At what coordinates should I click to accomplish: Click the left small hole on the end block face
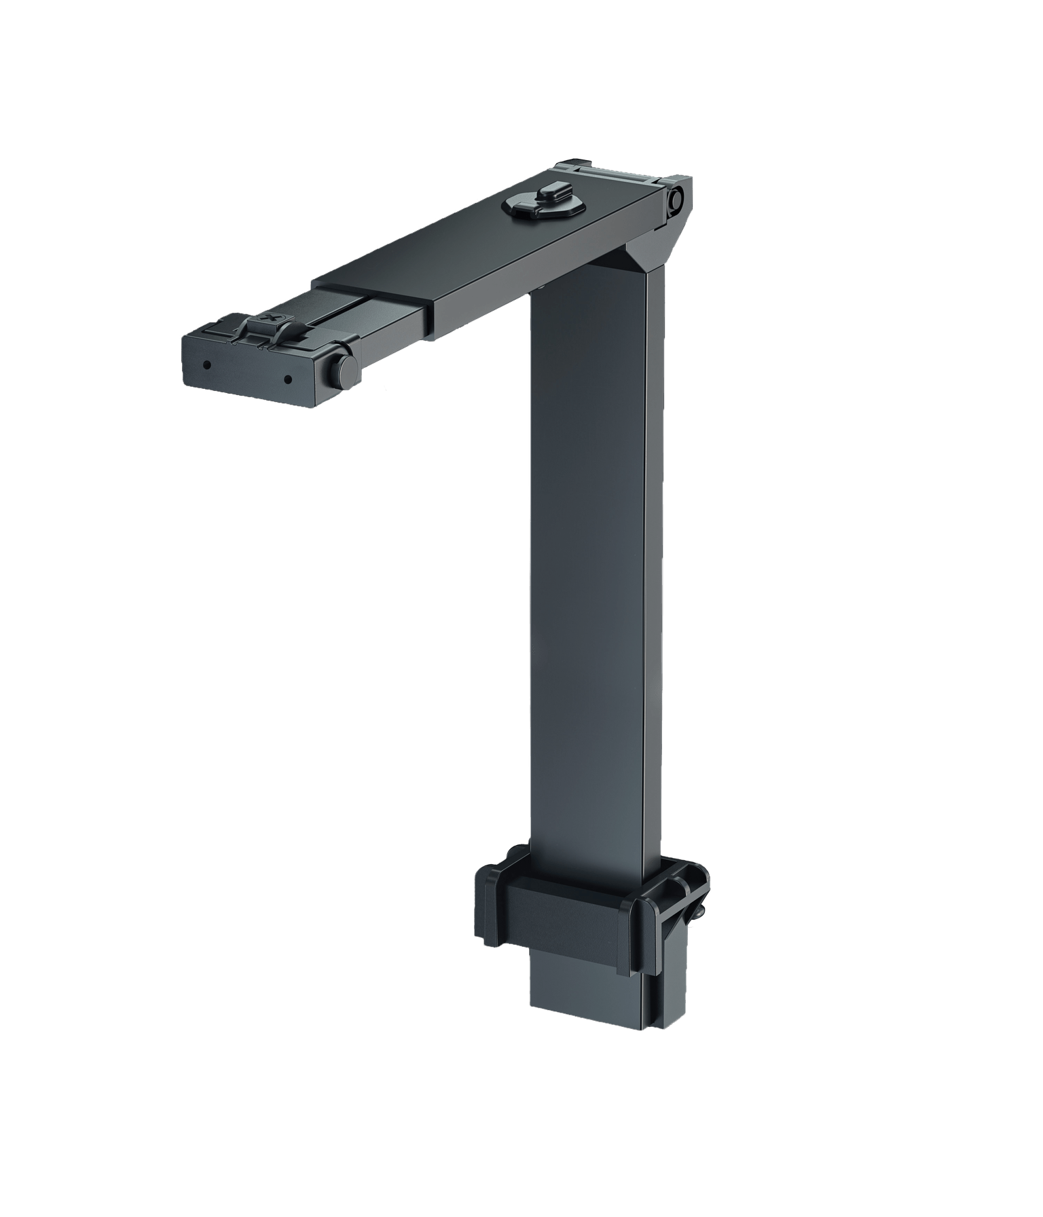pos(207,365)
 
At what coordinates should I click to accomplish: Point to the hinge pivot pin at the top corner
pos(674,198)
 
